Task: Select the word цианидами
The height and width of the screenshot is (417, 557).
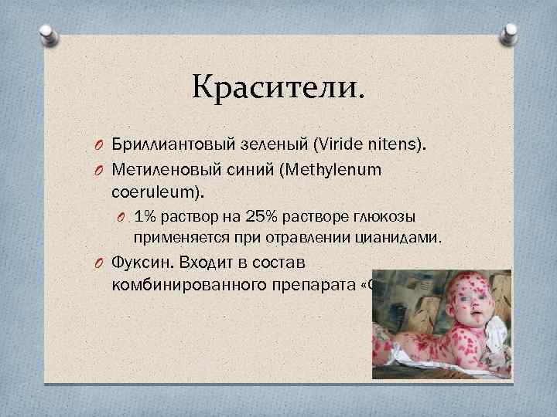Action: pos(400,239)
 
